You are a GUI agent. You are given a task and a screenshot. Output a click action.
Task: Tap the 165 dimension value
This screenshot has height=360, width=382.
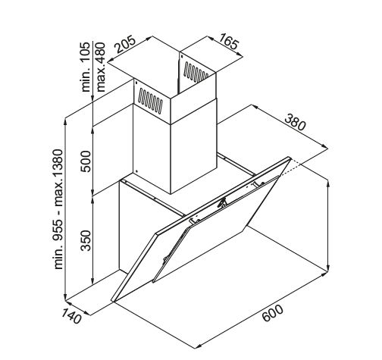pos(228,42)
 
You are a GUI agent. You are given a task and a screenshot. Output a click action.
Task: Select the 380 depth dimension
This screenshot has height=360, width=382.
pos(295,123)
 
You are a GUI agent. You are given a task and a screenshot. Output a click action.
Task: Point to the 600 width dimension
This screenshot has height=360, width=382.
pos(273,313)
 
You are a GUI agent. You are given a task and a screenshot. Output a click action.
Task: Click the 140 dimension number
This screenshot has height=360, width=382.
pos(71,316)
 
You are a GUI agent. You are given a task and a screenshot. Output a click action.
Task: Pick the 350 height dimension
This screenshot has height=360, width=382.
pos(86,240)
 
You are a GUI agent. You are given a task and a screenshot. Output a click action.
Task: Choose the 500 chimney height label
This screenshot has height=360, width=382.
pos(86,161)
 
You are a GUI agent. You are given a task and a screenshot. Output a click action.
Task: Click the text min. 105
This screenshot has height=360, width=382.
pos(86,67)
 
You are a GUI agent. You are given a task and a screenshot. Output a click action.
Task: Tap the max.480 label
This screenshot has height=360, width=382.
pos(101,67)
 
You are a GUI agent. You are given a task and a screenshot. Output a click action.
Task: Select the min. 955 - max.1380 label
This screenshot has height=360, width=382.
pos(58,209)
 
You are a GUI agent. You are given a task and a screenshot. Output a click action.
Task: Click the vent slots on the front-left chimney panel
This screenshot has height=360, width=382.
pos(151,101)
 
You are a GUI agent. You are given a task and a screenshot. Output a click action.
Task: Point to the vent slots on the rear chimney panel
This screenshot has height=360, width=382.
pos(196,72)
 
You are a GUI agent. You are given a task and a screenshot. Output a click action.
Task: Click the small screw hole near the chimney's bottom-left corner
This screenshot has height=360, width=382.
pos(136,171)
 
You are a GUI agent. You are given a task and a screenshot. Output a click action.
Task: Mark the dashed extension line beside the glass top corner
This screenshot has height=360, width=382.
pos(291,168)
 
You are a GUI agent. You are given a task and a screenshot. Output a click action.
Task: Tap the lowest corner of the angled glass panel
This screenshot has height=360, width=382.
pos(113,301)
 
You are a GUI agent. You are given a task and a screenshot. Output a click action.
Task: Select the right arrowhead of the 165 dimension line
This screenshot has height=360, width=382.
pos(240,55)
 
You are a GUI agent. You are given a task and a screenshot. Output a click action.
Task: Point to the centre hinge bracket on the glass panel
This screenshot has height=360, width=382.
pos(223,202)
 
